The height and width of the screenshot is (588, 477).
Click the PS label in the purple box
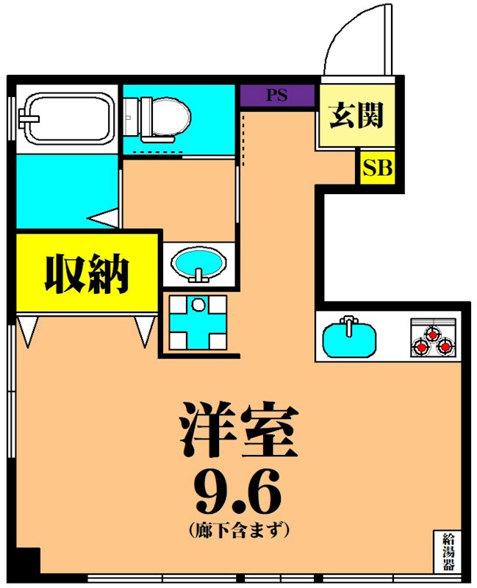[x=276, y=96]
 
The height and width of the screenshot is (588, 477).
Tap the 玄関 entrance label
[x=356, y=115]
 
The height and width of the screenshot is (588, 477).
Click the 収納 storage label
[x=87, y=274]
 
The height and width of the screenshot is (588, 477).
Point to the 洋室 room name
[x=239, y=432]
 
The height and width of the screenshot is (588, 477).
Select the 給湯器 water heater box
[x=447, y=551]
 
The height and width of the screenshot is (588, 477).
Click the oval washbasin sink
[x=198, y=265]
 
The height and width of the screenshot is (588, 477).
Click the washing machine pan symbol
[x=197, y=321]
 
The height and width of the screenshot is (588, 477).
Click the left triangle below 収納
[x=27, y=330]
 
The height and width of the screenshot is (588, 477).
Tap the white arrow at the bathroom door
[x=104, y=218]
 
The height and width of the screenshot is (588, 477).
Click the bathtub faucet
[x=29, y=118]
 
